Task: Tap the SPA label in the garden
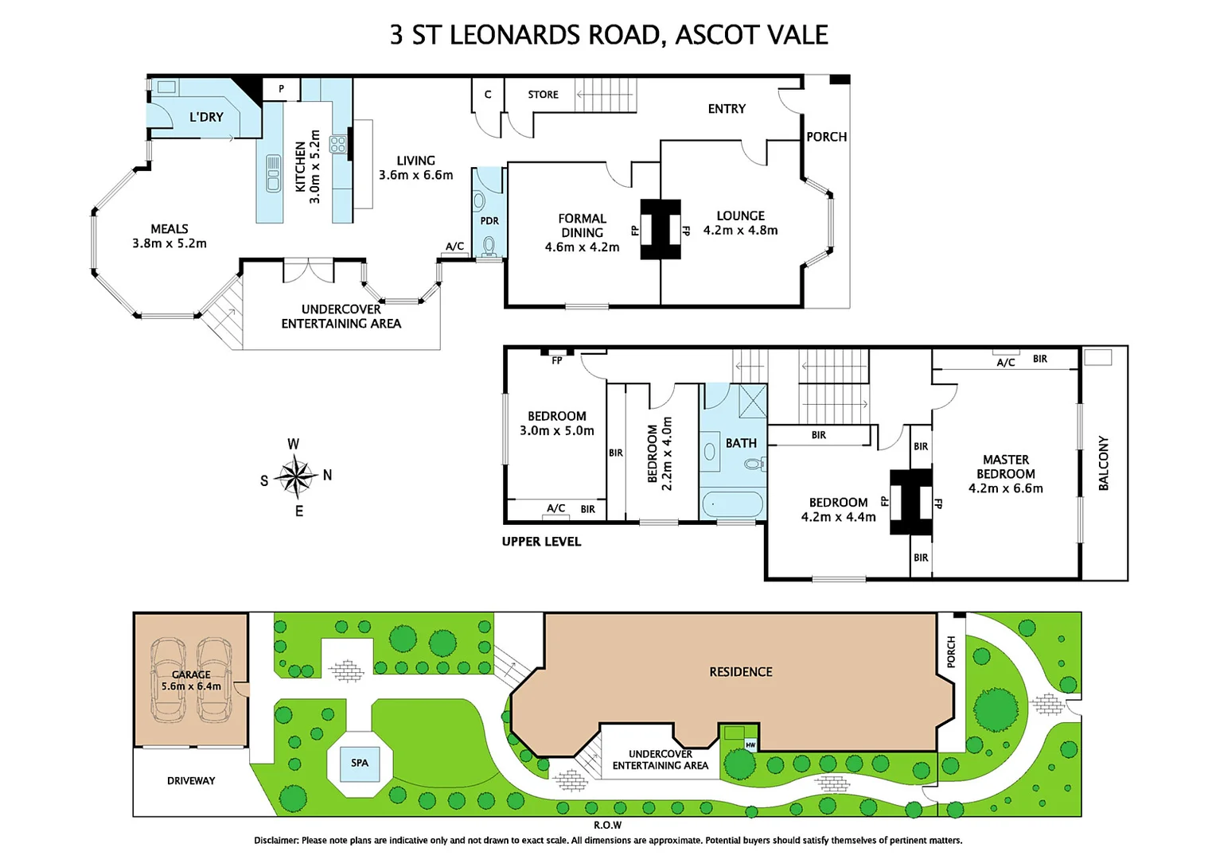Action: pyautogui.click(x=360, y=763)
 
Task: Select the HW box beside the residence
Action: pyautogui.click(x=750, y=745)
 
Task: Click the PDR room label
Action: pyautogui.click(x=489, y=221)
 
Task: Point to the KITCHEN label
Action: pyautogui.click(x=300, y=166)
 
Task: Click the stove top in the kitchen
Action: pyautogui.click(x=337, y=144)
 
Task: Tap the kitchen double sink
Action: pyautogui.click(x=272, y=173)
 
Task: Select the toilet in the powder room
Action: pyautogui.click(x=489, y=247)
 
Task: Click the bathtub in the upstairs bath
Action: pyautogui.click(x=732, y=504)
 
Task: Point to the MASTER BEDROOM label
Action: pyautogui.click(x=1005, y=467)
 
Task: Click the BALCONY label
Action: pyautogui.click(x=1103, y=463)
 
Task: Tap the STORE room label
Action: pyautogui.click(x=543, y=95)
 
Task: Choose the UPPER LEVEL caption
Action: pyautogui.click(x=541, y=542)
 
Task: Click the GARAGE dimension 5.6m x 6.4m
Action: pyautogui.click(x=191, y=686)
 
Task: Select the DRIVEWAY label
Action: pyautogui.click(x=191, y=780)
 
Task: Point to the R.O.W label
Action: pyautogui.click(x=607, y=826)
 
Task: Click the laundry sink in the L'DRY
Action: pyautogui.click(x=166, y=87)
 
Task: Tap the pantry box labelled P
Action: pyautogui.click(x=281, y=89)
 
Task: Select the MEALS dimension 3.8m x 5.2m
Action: pyautogui.click(x=170, y=243)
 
